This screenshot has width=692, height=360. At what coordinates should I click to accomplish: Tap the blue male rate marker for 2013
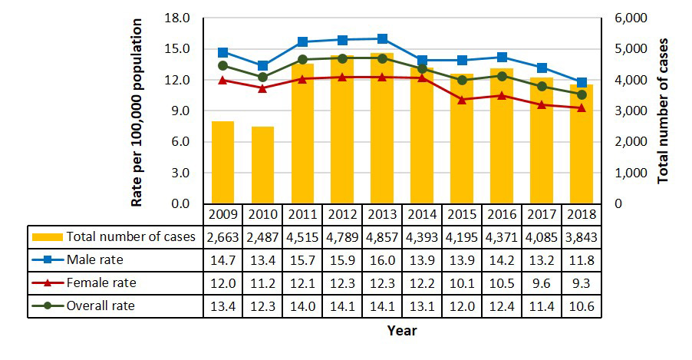coord(382,38)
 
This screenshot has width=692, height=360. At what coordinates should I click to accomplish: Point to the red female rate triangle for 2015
coord(462,99)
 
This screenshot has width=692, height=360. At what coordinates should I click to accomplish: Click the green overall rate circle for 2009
coord(222,65)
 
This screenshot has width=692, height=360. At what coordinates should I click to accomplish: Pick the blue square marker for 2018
coord(582,82)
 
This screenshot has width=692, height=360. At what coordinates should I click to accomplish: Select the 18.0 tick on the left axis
coord(179,18)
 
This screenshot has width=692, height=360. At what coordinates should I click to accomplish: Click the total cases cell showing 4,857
coord(382,236)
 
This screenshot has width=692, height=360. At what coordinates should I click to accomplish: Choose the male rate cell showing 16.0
coord(382,259)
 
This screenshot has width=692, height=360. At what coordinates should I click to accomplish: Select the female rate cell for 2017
coord(542,282)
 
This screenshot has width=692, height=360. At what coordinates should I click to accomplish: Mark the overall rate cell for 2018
coord(582,306)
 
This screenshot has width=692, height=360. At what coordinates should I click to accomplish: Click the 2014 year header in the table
coord(422,213)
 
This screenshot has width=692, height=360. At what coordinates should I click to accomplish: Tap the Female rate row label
coord(101,282)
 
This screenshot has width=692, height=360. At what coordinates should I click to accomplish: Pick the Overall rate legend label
coord(101,306)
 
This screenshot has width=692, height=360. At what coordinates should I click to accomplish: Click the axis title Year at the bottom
coord(402,331)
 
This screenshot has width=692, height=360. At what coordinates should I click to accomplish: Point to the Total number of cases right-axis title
coord(664,110)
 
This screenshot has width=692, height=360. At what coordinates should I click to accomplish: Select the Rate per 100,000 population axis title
coord(137,111)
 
